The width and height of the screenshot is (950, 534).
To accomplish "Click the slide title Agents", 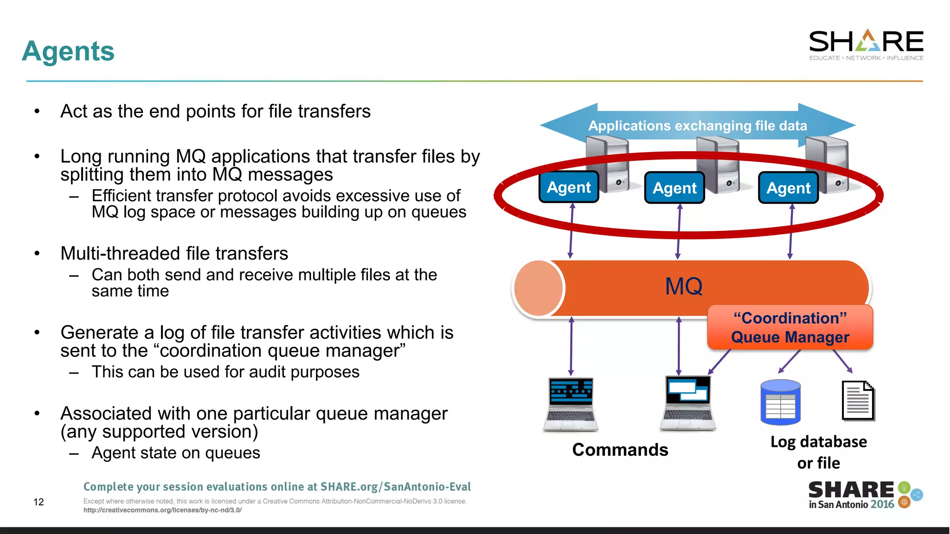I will click(68, 51).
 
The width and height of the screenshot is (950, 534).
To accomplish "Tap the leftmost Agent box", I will click(569, 187).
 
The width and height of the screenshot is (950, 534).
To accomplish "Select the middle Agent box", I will click(674, 188).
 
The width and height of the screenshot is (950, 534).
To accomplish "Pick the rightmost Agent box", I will click(788, 188).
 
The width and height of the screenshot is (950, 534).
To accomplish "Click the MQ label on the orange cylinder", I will click(684, 286).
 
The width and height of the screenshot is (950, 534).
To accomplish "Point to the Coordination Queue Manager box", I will click(790, 327).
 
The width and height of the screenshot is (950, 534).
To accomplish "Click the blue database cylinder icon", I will click(781, 402).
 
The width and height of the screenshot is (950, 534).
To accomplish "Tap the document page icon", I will click(858, 401).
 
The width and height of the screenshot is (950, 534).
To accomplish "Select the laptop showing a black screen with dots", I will click(571, 403).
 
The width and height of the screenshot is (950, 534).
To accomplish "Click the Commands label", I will click(620, 450).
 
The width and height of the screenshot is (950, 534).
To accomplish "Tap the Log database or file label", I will click(819, 452).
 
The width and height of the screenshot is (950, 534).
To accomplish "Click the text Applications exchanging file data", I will click(698, 126).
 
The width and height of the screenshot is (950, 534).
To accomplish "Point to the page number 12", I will click(39, 502).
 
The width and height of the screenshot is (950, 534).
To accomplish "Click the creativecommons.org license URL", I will click(162, 510).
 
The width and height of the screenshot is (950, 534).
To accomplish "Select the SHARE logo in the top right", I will click(866, 44).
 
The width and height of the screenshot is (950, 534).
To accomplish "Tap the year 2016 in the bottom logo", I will click(882, 504).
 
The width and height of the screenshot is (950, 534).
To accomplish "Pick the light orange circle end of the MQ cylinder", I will click(538, 288).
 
